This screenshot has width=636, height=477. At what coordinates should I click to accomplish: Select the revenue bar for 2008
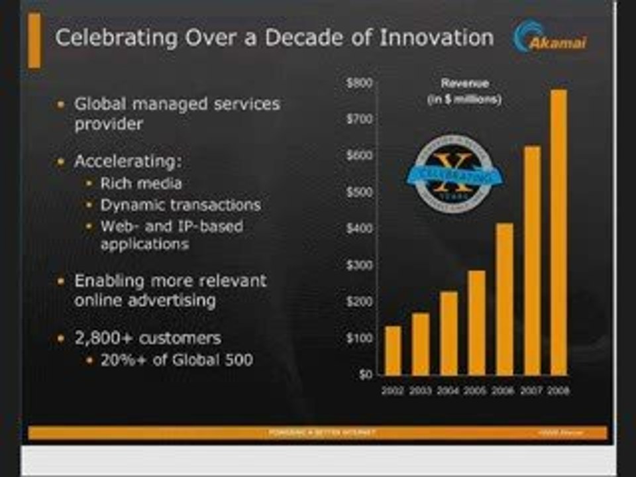558,232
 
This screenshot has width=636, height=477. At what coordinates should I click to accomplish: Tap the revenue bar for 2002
393,350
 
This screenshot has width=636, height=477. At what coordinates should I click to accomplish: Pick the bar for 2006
504,299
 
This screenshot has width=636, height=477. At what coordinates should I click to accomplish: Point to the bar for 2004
449,333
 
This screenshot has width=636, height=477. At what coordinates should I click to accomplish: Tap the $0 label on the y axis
364,374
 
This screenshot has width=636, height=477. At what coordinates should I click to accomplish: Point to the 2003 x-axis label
421,391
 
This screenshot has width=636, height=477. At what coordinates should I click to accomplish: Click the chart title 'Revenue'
464,83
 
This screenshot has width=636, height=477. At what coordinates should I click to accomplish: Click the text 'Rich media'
140,184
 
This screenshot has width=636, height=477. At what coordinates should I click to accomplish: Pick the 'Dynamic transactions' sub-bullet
180,205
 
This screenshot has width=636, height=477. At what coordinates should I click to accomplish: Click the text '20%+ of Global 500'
176,360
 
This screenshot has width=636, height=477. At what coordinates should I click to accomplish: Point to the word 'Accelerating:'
128,161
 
